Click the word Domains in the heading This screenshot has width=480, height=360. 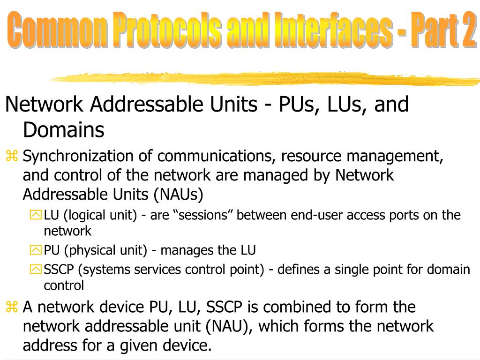63,130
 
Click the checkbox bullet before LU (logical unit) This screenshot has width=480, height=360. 36,215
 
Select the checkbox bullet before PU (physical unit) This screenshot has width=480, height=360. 36,250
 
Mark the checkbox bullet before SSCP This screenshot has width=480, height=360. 36,270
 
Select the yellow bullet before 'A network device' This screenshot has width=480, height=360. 12,307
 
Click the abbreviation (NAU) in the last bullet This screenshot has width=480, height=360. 230,326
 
